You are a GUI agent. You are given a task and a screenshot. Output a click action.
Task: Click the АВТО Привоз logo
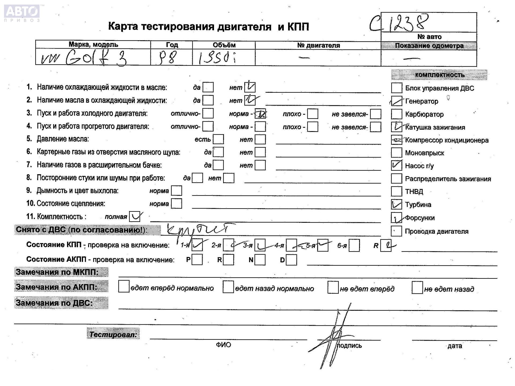tap(22, 12)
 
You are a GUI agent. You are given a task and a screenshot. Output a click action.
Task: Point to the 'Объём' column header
tap(224, 45)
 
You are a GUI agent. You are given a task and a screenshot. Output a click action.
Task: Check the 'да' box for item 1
tap(208, 87)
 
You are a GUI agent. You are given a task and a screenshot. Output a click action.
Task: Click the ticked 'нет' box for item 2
tap(250, 100)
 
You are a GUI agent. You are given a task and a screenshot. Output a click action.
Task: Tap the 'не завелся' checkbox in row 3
tap(376, 114)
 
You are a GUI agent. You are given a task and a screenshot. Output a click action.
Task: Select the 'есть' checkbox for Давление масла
tap(218, 139)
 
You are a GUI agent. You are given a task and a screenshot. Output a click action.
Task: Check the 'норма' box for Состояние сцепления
tap(176, 204)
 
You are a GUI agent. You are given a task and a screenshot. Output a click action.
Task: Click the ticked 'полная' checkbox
tap(135, 217)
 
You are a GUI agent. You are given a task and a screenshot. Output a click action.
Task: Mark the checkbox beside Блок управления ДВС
tap(396, 88)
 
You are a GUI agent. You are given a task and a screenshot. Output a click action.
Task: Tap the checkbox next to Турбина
tap(396, 205)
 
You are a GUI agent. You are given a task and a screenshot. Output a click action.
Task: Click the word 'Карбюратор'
tap(424, 114)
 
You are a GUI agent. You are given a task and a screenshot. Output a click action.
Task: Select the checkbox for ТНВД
tap(396, 191)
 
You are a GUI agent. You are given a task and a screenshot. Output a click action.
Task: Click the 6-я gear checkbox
tap(354, 246)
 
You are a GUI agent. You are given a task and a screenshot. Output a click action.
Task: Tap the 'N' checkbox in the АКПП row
tap(260, 260)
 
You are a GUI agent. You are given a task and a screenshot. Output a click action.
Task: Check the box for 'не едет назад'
tap(417, 288)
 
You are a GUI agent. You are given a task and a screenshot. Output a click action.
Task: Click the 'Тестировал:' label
tap(113, 334)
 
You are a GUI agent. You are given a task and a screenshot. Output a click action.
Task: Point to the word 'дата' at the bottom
tap(454, 346)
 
